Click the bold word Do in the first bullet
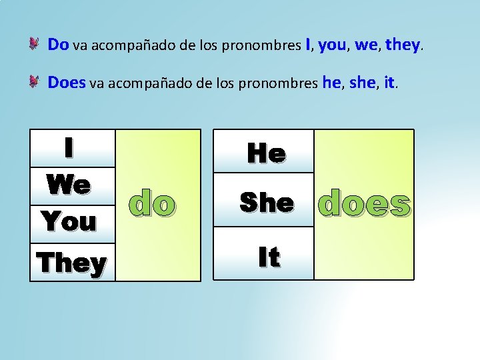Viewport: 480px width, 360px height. (x=58, y=45)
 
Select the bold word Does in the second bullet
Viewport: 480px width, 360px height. (x=67, y=83)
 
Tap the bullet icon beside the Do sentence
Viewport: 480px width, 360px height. (x=35, y=45)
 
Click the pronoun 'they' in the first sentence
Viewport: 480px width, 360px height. (x=402, y=45)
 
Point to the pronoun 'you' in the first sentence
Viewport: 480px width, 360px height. (x=331, y=45)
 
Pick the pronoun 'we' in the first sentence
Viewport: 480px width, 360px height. (x=366, y=45)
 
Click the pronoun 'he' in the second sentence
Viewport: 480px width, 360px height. (x=331, y=83)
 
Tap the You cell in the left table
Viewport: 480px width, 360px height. (x=69, y=221)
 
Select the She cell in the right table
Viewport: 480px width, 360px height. (x=266, y=202)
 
